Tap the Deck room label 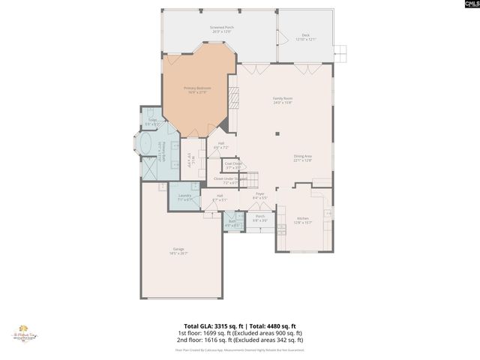pos(305,37)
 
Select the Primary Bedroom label pos(197,90)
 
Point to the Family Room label pos(282,100)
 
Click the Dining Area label pos(302,157)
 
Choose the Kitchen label pos(302,220)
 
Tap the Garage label pos(178,250)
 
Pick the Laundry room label pos(184,197)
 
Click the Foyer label pos(260,196)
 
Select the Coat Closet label pos(232,165)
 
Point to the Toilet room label pos(152,121)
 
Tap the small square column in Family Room pos(277,134)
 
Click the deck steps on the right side pos(341,52)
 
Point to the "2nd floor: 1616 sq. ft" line pos(239,340)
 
